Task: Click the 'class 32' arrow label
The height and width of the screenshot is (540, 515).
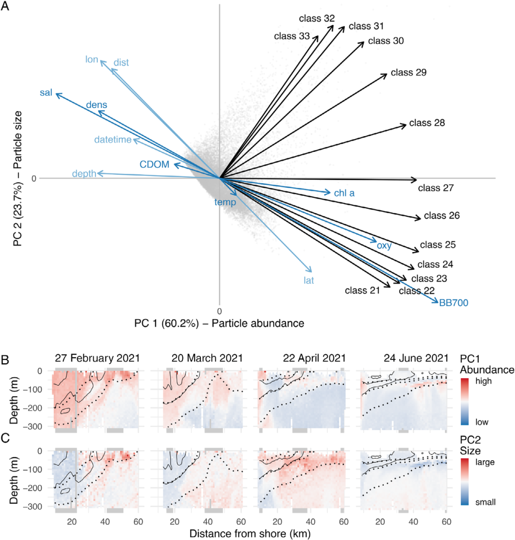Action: [x=317, y=19]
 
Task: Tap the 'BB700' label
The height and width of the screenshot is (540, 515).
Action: [x=453, y=303]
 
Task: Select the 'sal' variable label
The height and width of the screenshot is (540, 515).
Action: [x=46, y=93]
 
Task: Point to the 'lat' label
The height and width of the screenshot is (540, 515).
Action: [x=309, y=280]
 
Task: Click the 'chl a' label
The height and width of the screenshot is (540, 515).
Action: [x=344, y=193]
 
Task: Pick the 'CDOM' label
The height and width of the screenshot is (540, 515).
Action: [x=154, y=165]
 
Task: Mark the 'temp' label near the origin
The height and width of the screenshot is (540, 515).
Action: [x=225, y=202]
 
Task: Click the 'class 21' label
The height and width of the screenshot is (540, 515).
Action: [x=362, y=290]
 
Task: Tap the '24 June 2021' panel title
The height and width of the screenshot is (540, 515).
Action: [x=416, y=358]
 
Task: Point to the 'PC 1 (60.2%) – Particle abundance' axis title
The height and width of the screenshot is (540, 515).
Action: [x=219, y=323]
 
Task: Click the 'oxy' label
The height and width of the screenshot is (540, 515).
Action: [x=384, y=246]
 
